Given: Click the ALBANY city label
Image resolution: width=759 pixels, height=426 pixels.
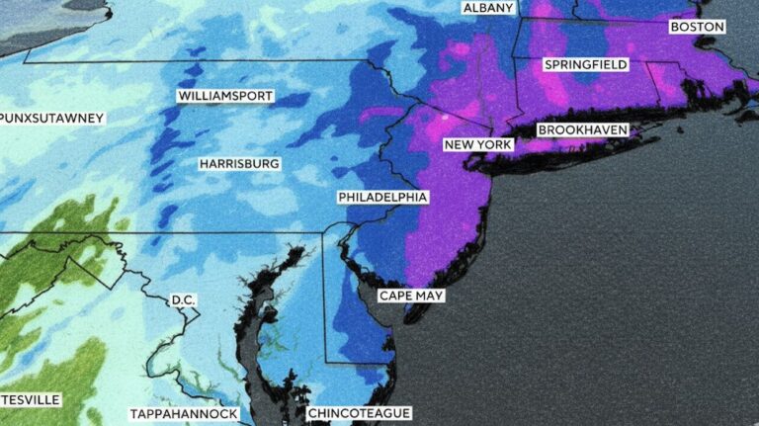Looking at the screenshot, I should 487,8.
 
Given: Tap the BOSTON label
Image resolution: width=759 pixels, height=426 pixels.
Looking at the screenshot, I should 697,27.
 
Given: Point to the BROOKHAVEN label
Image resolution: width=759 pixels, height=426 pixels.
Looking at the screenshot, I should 582,130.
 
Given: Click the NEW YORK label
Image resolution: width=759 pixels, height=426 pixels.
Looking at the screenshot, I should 478,145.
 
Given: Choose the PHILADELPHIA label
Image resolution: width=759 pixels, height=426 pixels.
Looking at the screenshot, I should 382,198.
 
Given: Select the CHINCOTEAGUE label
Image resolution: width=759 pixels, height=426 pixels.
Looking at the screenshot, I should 359,412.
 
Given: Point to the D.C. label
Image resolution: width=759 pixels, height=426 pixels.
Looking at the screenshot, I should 183,299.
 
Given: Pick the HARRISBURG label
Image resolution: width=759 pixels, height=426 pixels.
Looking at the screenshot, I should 239,163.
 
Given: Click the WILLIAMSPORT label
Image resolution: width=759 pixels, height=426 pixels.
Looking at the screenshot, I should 225,97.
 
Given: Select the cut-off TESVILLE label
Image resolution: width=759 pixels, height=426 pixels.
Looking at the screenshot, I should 31,399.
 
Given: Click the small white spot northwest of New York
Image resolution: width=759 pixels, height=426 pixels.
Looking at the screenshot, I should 444,117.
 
